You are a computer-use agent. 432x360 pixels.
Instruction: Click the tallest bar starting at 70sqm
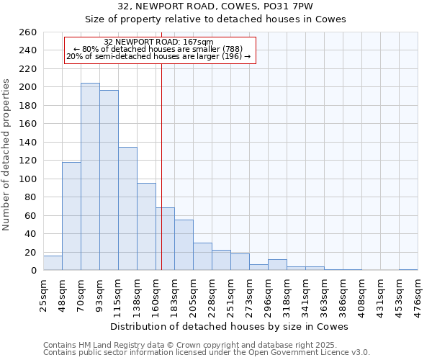coord(90,176)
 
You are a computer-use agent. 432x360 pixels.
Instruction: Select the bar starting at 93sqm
coord(109,180)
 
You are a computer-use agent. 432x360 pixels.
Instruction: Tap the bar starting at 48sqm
coord(71,216)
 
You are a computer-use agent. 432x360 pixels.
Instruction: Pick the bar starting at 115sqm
coord(127,209)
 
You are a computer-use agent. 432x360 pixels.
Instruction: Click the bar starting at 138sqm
coord(146,227)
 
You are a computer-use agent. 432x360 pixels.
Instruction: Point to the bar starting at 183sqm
coord(184,245)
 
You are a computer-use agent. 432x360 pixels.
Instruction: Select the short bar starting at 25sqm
coord(53,264)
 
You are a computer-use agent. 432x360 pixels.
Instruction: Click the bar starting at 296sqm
coord(277,265)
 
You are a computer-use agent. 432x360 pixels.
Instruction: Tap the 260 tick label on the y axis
coord(27,32)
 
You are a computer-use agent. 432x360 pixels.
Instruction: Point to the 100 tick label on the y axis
coord(27,179)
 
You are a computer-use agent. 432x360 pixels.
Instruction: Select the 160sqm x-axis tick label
coord(156,295)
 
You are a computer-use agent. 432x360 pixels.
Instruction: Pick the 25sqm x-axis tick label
coord(44,295)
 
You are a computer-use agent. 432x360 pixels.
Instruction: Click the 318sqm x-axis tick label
coord(287,295)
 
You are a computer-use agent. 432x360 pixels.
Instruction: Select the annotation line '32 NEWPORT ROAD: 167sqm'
coord(158,42)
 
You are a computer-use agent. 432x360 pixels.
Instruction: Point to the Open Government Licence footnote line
coord(207,353)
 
